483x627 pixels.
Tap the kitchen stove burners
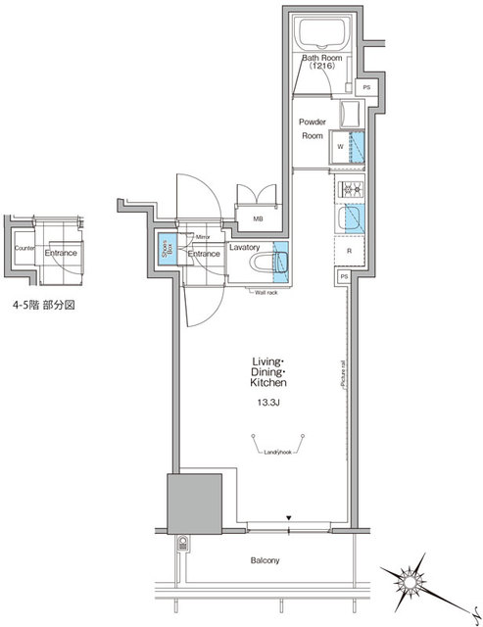pyautogui.click(x=350, y=188)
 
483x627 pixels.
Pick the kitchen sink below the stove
pyautogui.click(x=350, y=218)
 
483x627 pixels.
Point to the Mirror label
pyautogui.click(x=204, y=237)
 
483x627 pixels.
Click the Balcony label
pyautogui.click(x=264, y=560)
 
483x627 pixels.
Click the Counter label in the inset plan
pyautogui.click(x=24, y=250)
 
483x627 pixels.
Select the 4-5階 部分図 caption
pyautogui.click(x=46, y=305)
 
